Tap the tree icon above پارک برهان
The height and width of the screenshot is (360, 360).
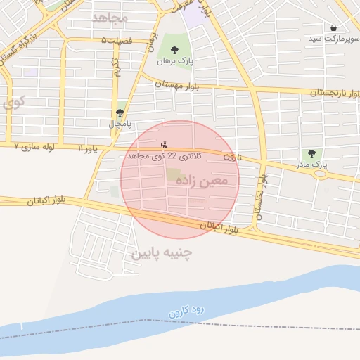coord(175,49)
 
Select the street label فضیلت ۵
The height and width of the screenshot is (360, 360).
coord(116,41)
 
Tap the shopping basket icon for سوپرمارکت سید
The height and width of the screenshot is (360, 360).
coord(333,27)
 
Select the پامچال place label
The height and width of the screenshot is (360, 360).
coord(120,124)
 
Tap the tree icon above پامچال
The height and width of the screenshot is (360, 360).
coord(120,112)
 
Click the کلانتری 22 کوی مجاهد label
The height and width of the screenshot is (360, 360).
coord(164,155)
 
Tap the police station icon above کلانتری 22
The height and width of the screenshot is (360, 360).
coord(165,145)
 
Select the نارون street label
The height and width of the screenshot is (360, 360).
coord(232,157)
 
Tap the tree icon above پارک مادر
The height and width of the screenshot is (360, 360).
coord(311,153)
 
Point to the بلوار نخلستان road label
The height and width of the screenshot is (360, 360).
coord(262,196)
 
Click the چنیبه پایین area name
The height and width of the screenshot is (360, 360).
coord(162,251)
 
